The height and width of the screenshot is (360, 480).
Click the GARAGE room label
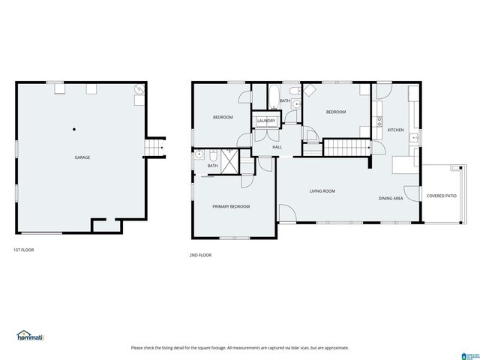coord(82,157)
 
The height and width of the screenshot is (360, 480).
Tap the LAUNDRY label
coord(266,121)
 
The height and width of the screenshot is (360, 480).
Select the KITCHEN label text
coord(395,130)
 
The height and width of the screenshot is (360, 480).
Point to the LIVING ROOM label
coord(322,191)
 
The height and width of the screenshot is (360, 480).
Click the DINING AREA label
coord(391,198)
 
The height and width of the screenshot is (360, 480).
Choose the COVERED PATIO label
coord(441,196)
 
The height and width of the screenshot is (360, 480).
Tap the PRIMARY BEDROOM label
coord(231,206)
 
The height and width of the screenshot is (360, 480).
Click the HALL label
coord(277,147)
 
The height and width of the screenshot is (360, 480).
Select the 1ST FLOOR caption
coord(23,250)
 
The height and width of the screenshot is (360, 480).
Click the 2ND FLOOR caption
coord(200,255)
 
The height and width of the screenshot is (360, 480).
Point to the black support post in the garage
coord(74,129)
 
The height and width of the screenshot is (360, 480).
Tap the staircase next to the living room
coord(346,148)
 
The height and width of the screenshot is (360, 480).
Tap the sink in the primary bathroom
coord(198,156)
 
